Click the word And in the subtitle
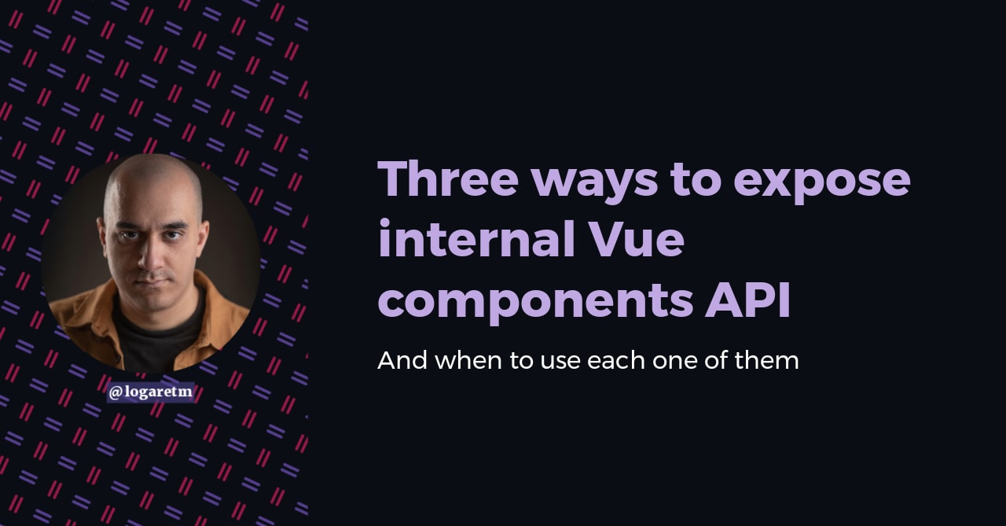click(402, 361)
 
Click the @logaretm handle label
click(150, 392)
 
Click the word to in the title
click(695, 180)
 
